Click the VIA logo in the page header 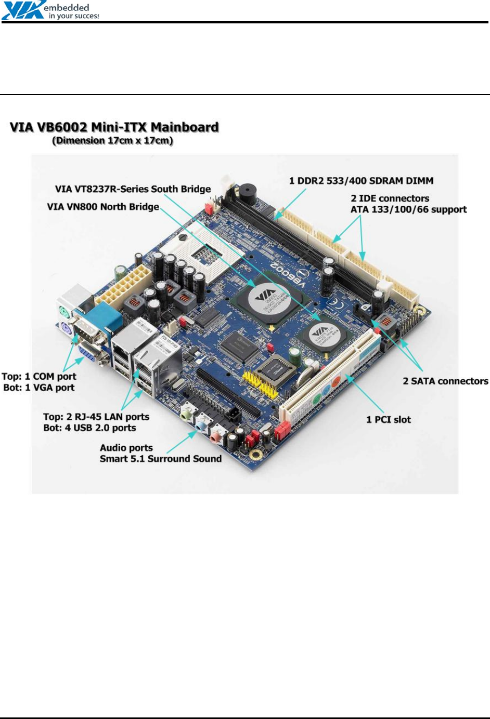[23, 11]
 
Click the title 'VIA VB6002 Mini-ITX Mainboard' [114, 127]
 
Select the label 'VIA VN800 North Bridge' [103, 207]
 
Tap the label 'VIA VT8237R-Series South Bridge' [133, 189]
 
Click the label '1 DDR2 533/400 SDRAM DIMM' [361, 181]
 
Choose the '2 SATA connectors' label [445, 381]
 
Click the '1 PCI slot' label [388, 420]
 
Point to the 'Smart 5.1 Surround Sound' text [161, 459]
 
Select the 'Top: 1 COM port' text [39, 376]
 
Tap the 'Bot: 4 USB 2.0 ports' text [89, 428]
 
